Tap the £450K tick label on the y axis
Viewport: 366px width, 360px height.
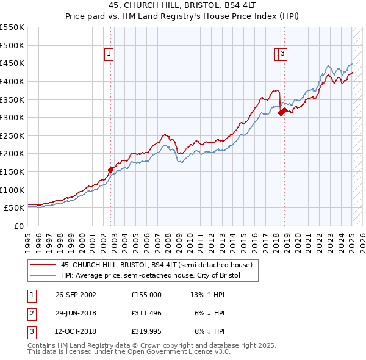(x=12, y=63)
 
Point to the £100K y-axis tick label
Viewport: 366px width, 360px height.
(x=12, y=190)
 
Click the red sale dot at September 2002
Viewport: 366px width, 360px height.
(x=110, y=170)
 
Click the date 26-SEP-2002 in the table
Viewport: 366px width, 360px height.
(x=75, y=294)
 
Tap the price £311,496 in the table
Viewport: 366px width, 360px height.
(x=146, y=313)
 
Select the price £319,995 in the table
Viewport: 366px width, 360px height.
(x=146, y=332)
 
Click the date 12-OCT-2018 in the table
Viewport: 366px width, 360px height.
(x=75, y=332)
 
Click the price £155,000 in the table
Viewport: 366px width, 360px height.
(x=146, y=294)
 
